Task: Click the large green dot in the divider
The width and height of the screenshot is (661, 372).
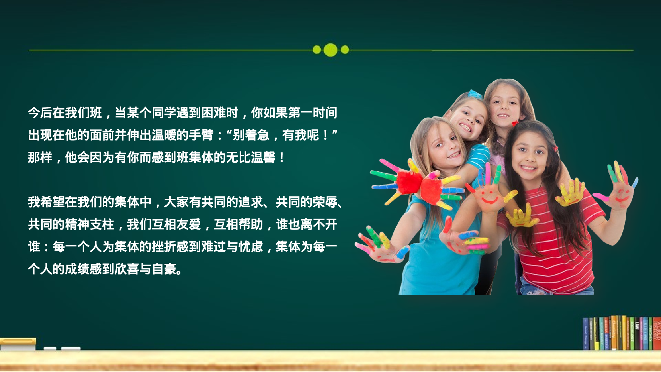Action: pos(330,50)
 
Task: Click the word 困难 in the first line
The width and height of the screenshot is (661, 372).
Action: pos(214,113)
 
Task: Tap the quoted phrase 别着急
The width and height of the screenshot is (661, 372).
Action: pos(251,135)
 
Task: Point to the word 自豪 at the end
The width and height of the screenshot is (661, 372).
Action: pos(164,269)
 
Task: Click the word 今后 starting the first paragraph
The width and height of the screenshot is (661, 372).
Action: pos(40,113)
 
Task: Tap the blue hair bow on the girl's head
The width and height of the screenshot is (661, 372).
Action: pos(475,94)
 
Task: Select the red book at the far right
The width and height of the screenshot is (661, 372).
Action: pos(657,332)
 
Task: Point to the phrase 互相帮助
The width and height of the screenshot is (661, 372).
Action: pos(238,225)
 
